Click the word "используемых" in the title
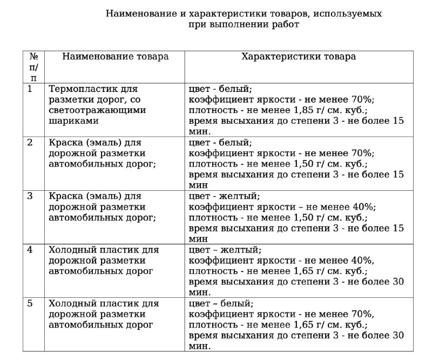pos(352,13)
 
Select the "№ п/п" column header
pos(34,66)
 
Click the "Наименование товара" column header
pos(115,56)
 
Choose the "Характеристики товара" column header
pos(299,56)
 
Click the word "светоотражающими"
pos(97,110)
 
